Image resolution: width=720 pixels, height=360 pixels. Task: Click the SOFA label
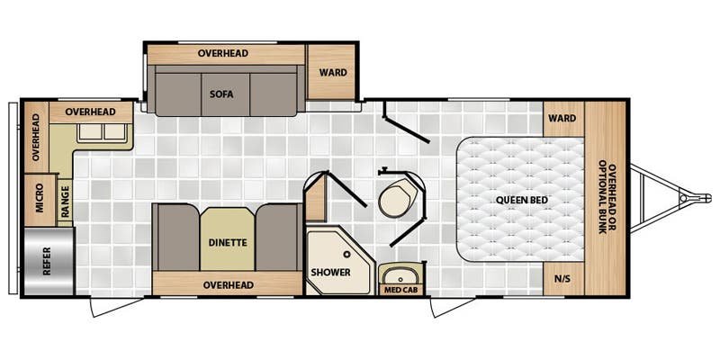pyautogui.click(x=221, y=94)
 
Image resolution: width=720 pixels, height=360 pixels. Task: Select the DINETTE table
pyautogui.click(x=228, y=239)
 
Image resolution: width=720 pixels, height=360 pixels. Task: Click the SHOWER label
pyautogui.click(x=330, y=272)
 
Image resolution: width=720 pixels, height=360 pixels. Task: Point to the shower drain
pyautogui.click(x=346, y=253)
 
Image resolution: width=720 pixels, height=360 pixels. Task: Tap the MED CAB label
pyautogui.click(x=400, y=290)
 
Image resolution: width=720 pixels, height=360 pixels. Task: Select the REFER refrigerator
pyautogui.click(x=49, y=261)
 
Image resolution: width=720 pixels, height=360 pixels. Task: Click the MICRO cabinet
pyautogui.click(x=40, y=200)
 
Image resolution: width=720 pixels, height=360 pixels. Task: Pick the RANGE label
pyautogui.click(x=65, y=201)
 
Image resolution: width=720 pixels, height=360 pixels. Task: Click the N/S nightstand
pyautogui.click(x=563, y=279)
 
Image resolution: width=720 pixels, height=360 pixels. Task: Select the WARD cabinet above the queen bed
pyautogui.click(x=563, y=119)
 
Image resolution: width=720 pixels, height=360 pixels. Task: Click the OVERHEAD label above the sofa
pyautogui.click(x=223, y=53)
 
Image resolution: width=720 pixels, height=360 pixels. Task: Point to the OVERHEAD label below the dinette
pyautogui.click(x=229, y=285)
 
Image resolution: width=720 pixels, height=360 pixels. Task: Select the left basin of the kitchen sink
pyautogui.click(x=91, y=131)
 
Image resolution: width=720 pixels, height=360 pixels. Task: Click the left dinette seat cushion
pyautogui.click(x=175, y=238)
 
